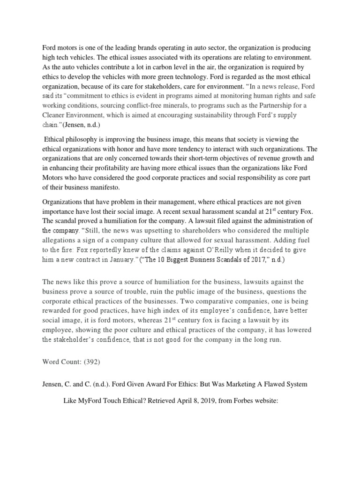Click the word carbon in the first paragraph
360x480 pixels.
point(161,67)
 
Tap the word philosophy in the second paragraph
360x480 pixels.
point(89,140)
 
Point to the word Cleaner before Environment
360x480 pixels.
point(57,115)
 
